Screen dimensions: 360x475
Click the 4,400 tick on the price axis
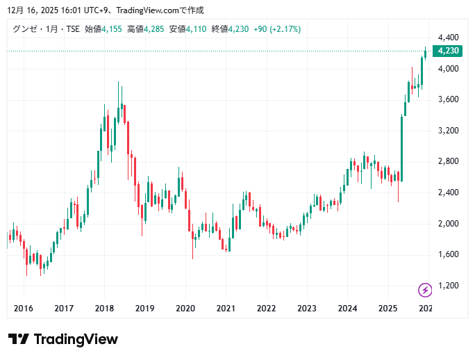coord(447,38)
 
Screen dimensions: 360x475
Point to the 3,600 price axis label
coord(447,99)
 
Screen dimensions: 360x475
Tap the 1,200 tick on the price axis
coord(447,285)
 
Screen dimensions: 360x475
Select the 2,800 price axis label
coord(447,161)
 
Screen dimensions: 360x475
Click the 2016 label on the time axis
coord(24,309)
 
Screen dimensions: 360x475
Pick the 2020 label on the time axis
coord(185,309)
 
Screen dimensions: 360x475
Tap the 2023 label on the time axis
coord(307,309)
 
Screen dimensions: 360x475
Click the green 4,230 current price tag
coord(447,51)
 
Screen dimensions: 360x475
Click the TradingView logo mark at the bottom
coord(19,339)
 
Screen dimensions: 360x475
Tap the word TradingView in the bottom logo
coord(76,339)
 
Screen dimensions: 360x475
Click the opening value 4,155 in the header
coord(112,28)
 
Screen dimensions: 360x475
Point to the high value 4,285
coord(154,28)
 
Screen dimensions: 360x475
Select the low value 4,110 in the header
coord(197,28)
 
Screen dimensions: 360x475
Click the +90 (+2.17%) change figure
coord(277,28)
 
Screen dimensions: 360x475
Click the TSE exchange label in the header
coord(73,28)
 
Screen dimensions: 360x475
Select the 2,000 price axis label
coord(447,223)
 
